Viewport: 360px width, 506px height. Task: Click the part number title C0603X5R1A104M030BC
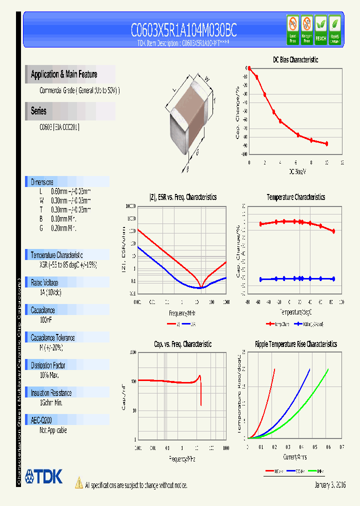coord(183,31)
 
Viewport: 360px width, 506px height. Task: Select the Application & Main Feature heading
coord(64,74)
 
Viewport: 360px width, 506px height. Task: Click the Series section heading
coord(38,111)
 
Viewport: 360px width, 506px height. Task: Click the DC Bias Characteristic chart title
coord(295,59)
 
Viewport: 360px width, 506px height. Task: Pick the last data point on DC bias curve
coord(326,143)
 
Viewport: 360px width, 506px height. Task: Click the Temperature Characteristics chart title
coord(295,197)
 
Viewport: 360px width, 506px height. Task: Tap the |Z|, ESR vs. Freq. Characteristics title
coord(183,197)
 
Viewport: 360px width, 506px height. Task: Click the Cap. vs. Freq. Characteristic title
coord(182,344)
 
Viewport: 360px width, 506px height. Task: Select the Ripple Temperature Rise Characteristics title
coord(295,344)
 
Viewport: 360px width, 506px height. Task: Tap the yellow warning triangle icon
coord(79,482)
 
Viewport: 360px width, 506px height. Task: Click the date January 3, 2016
coord(330,485)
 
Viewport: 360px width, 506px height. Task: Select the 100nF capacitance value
coord(46,319)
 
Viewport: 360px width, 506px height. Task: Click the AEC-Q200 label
coord(41,420)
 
